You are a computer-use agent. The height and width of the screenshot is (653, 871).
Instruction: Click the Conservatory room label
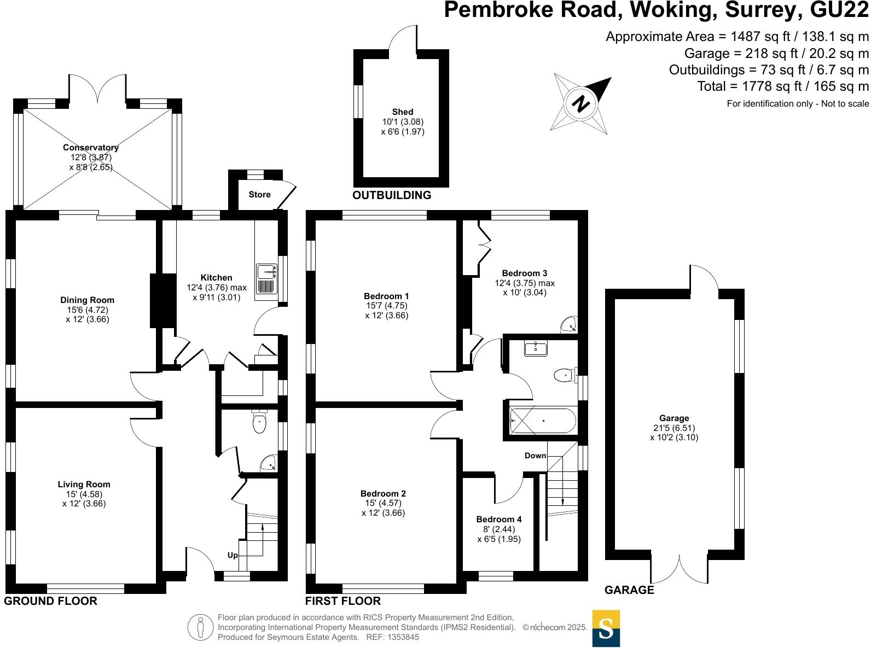click(91, 148)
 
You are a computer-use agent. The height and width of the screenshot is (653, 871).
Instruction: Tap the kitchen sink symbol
click(268, 279)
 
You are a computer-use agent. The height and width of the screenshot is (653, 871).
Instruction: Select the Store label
click(259, 195)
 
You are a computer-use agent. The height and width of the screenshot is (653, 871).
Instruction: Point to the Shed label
click(403, 112)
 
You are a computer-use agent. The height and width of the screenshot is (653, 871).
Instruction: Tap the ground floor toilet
click(259, 423)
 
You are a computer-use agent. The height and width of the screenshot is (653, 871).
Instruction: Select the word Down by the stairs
click(535, 456)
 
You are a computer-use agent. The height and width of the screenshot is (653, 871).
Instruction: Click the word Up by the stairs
click(233, 555)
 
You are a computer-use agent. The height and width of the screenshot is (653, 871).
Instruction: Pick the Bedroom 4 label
click(498, 520)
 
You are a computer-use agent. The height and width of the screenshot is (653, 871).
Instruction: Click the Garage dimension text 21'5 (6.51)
click(674, 428)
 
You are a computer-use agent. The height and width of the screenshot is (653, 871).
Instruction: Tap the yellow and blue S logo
click(606, 628)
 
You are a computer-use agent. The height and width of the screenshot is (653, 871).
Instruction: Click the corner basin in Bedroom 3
click(570, 325)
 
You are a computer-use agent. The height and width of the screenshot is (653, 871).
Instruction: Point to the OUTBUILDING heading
click(392, 195)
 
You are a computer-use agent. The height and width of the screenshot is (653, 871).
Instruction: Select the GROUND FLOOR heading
click(51, 601)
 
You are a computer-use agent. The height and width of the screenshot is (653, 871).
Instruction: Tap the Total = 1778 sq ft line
click(782, 86)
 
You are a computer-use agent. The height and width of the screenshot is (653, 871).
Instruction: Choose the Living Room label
click(84, 485)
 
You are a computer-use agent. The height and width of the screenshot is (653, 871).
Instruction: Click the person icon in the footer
click(201, 627)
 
